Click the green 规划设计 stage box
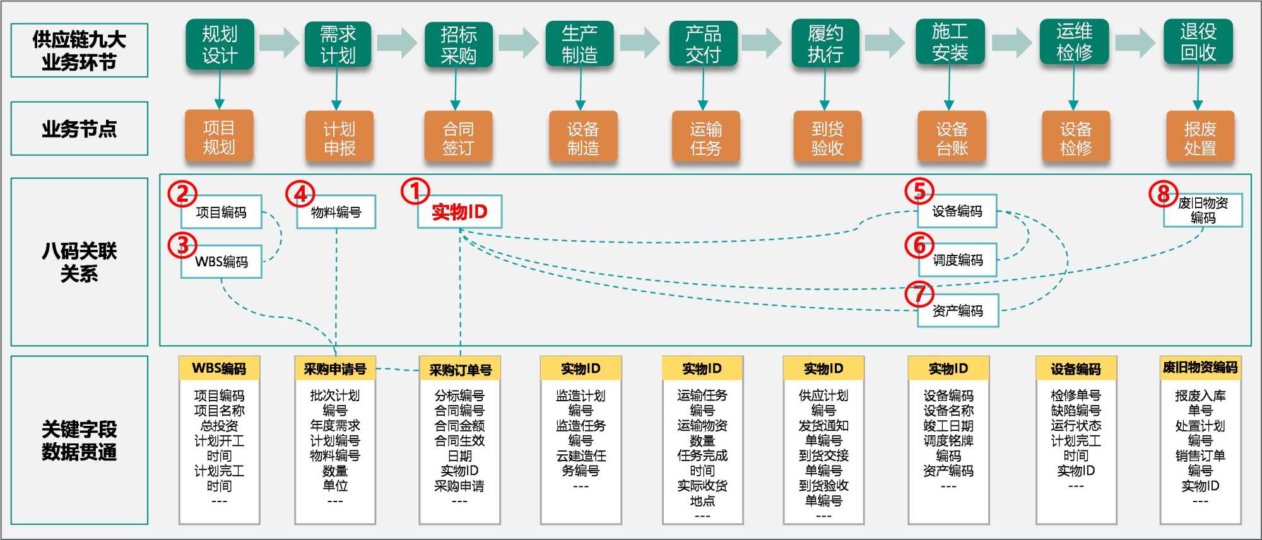pos(220,44)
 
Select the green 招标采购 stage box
pos(458,45)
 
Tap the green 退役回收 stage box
pos(1198,43)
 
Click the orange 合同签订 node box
pos(458,138)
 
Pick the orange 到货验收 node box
pos(827,138)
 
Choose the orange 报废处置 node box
pos(1200,138)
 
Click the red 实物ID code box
pos(459,212)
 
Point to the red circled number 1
pos(415,191)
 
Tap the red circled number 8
pos(1163,194)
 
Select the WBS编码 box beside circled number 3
pos(221,262)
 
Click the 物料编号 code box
pos(336,213)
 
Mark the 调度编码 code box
pos(957,260)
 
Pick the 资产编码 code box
pos(957,310)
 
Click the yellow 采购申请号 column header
pos(334,369)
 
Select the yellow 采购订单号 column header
pos(460,370)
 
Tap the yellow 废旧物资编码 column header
pos(1200,368)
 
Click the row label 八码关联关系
pos(80,262)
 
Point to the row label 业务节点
pos(80,129)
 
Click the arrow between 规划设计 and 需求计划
pos(279,43)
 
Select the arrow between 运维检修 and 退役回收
pos(1136,43)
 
